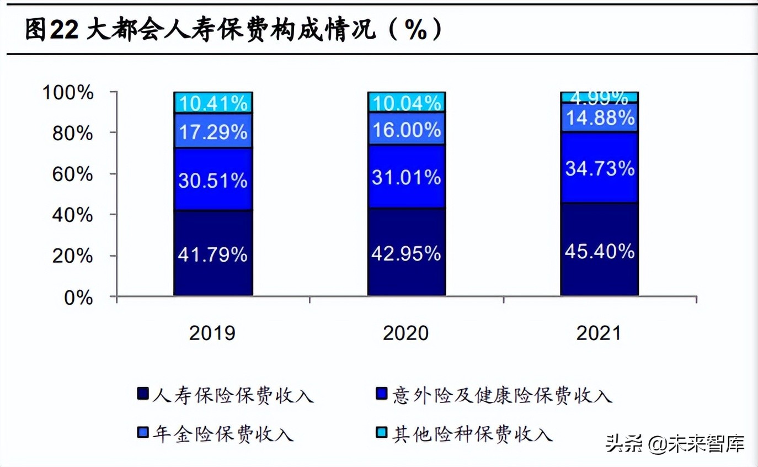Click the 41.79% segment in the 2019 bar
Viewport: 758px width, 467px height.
click(213, 254)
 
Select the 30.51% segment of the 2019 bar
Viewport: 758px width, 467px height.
click(213, 179)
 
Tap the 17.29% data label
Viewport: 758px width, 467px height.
click(213, 132)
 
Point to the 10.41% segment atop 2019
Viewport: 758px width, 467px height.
click(213, 103)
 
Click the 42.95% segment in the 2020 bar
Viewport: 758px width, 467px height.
click(407, 253)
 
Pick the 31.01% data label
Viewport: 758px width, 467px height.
click(407, 177)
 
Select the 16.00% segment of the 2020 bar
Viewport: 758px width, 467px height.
click(407, 129)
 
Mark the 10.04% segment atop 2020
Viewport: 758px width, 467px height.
click(407, 102)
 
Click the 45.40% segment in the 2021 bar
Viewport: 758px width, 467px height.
click(600, 251)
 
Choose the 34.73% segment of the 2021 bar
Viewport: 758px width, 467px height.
click(600, 168)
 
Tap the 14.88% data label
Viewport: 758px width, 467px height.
click(600, 118)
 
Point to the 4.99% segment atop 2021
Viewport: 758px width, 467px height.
click(600, 97)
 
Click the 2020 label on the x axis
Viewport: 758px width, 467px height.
click(406, 333)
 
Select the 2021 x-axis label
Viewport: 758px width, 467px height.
click(599, 333)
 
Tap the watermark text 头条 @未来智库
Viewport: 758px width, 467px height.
click(675, 443)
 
